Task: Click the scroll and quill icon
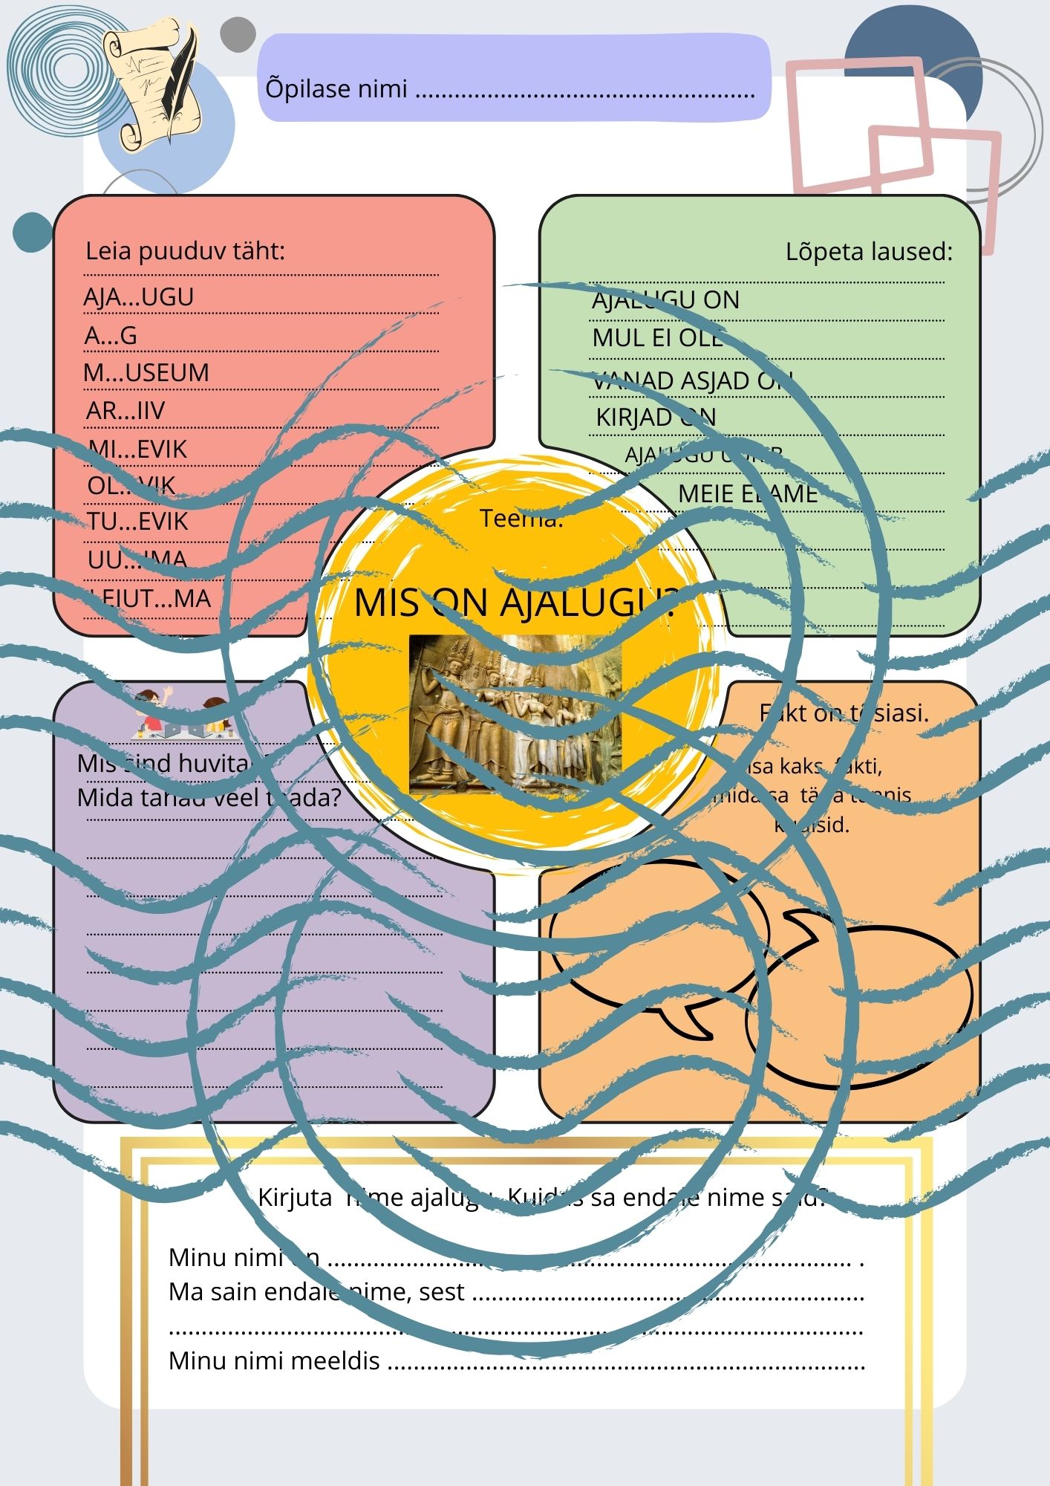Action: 152,83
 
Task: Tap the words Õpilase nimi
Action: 336,89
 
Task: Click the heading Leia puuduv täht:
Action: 185,251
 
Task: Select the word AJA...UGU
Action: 139,297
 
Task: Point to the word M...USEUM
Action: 146,372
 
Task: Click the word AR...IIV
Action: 125,410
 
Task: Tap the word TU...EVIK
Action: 138,522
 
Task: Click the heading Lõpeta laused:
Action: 869,252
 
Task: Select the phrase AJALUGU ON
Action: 665,300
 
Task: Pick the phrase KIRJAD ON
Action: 656,418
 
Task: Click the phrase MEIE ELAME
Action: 748,493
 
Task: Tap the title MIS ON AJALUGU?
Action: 515,603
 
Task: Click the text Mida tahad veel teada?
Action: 209,798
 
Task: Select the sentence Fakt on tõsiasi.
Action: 844,713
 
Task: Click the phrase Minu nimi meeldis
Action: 274,1360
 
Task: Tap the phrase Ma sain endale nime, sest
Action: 316,1292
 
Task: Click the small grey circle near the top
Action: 238,35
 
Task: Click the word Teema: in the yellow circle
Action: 521,519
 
